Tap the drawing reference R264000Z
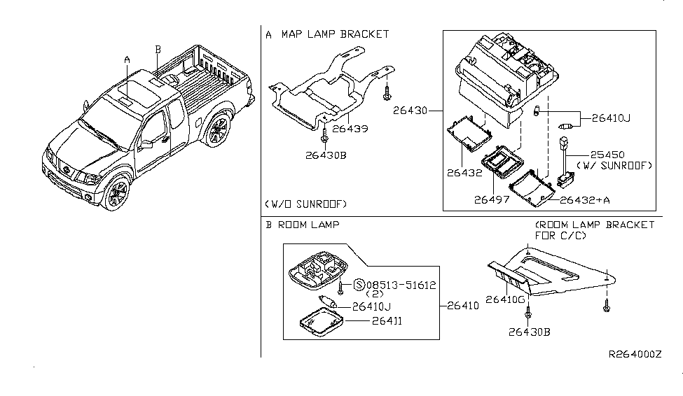click(635, 355)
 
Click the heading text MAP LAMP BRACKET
click(335, 34)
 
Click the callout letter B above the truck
click(158, 48)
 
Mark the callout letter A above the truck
click(127, 59)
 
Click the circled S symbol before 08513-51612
click(359, 285)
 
